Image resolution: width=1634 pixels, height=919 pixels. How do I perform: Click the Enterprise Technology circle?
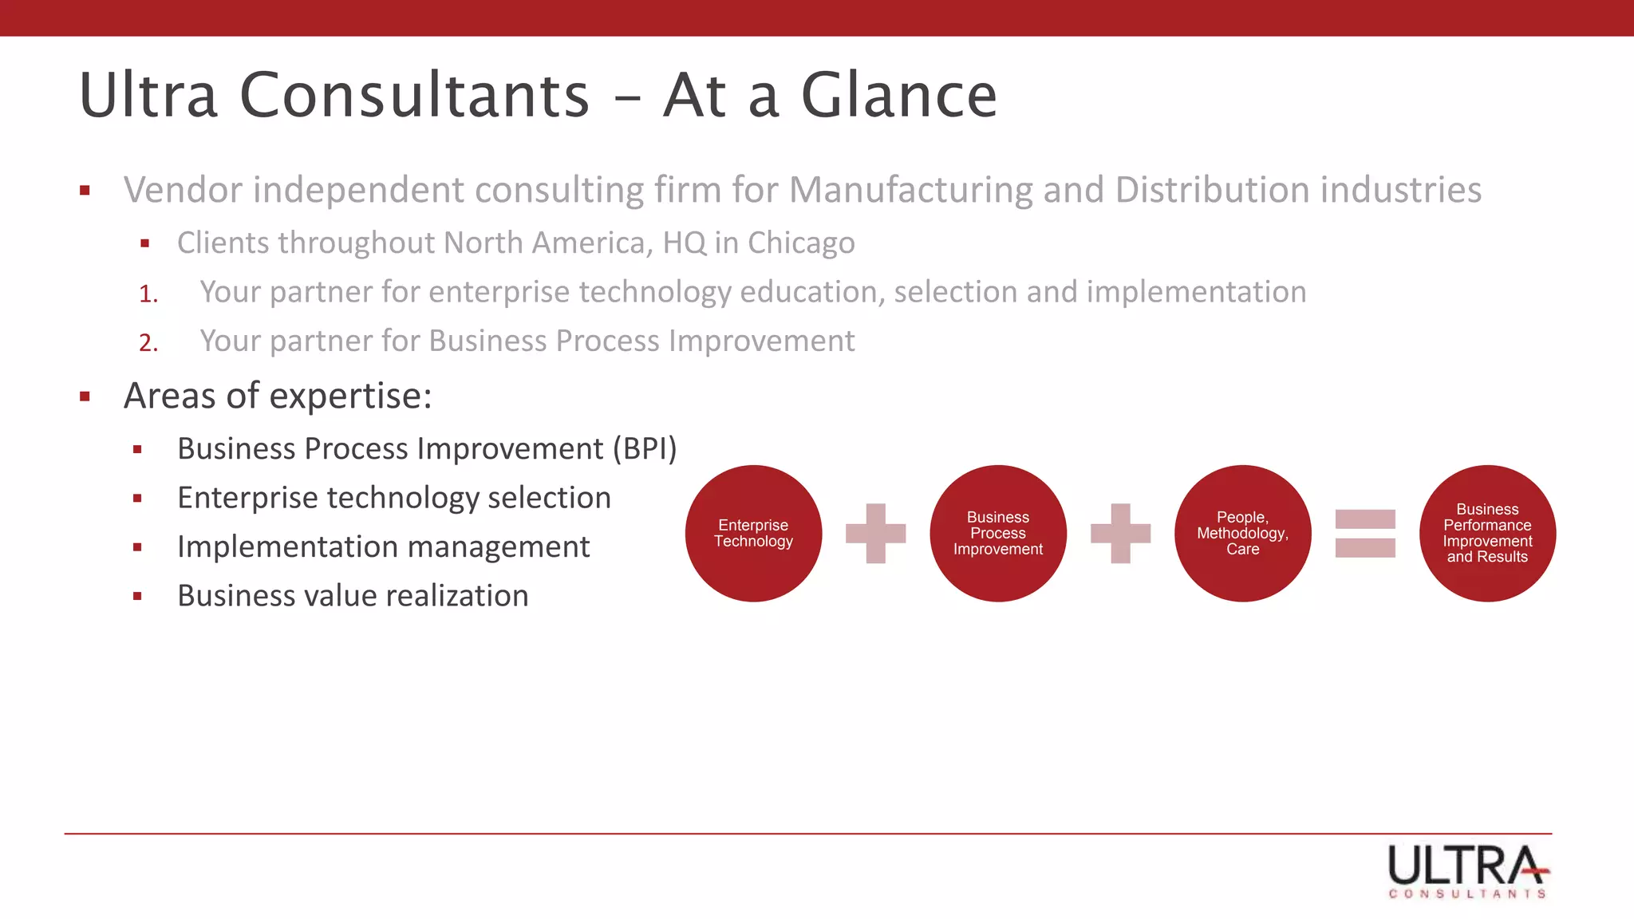coord(753,533)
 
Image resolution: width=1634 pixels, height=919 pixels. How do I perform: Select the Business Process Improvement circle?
coord(998,533)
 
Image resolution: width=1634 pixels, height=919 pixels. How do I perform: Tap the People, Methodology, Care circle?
coord(1242,533)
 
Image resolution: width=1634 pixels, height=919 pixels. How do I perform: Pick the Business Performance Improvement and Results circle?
coord(1487,533)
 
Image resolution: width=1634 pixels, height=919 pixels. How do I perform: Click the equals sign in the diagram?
coord(1365,533)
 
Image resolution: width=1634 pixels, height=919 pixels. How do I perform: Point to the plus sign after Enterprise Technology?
coord(876,533)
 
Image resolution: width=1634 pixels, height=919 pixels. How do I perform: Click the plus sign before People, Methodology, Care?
coord(1120,533)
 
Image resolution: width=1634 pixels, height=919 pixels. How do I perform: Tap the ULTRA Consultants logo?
coord(1468,870)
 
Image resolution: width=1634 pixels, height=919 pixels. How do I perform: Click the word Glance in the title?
coord(898,96)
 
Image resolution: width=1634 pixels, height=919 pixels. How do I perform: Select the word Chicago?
coord(801,243)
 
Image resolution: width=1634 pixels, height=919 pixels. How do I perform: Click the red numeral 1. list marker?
coord(148,294)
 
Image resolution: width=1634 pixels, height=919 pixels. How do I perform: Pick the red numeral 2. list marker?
coord(148,343)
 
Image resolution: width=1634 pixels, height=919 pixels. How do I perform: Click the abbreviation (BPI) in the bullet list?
coord(645,449)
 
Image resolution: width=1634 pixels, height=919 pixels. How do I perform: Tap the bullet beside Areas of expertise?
coord(85,396)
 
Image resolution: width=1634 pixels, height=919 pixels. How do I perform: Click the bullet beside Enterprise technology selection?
coord(137,499)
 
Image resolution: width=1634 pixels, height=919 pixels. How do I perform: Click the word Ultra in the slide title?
coord(148,96)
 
